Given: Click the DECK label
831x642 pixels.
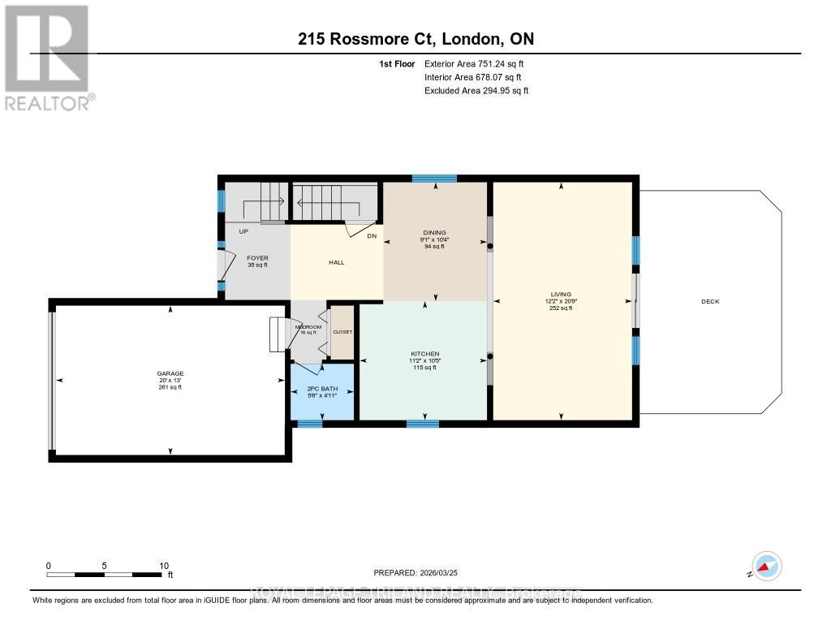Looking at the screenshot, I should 710,302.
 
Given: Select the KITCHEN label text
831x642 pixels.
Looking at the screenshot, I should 424,355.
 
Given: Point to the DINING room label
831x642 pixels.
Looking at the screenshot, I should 434,233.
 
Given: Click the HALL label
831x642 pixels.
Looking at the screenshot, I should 336,263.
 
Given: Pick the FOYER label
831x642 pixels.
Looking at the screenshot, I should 257,258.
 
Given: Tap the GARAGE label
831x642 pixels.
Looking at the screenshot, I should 170,374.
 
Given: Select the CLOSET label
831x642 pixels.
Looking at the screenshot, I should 342,332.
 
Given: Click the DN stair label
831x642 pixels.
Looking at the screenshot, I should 372,236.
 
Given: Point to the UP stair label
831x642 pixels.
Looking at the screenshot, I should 243,231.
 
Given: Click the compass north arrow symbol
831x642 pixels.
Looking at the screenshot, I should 766,566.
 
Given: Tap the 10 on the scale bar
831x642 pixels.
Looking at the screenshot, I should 163,566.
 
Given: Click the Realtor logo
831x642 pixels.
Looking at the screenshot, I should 48,57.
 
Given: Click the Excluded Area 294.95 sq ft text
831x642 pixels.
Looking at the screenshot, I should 476,91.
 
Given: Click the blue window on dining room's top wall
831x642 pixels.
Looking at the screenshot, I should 434,179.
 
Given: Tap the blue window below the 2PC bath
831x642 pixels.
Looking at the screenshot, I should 310,424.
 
